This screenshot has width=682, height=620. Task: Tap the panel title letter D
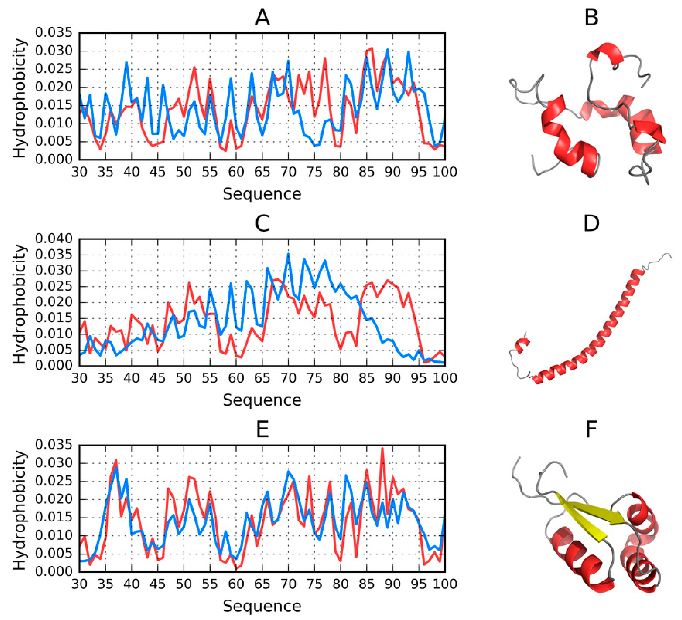pos(591,223)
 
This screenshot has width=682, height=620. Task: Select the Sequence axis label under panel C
pos(262,400)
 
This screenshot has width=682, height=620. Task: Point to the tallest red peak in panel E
pos(382,449)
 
